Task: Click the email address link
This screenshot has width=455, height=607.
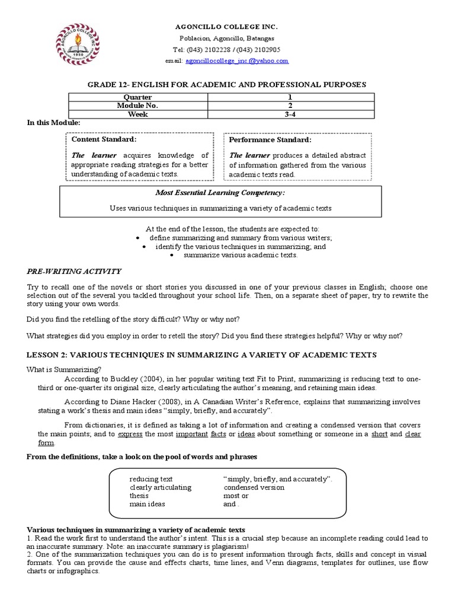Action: pos(236,61)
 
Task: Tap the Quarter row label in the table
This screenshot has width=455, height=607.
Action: pos(137,97)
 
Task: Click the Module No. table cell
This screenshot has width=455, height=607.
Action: pos(137,106)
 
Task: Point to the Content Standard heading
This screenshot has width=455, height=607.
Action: pos(104,139)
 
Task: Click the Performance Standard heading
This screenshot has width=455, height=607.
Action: pos(270,140)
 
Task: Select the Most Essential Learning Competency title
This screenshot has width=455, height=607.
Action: pos(228,193)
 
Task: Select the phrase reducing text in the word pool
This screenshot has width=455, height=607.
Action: pos(151,478)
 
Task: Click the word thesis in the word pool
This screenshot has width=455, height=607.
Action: pos(139,496)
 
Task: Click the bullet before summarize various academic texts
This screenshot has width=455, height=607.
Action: pos(172,255)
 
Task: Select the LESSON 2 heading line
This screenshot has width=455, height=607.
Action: pos(202,354)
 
